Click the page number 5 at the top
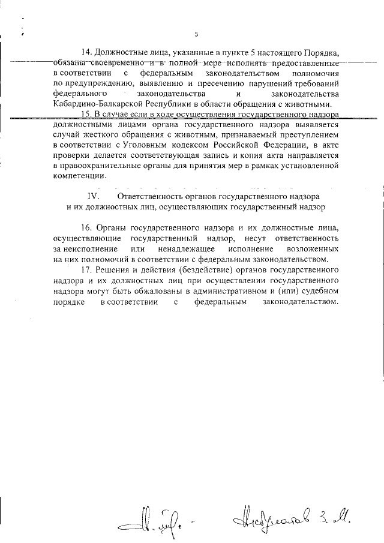196,34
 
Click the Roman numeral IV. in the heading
97,196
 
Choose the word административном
232,291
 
